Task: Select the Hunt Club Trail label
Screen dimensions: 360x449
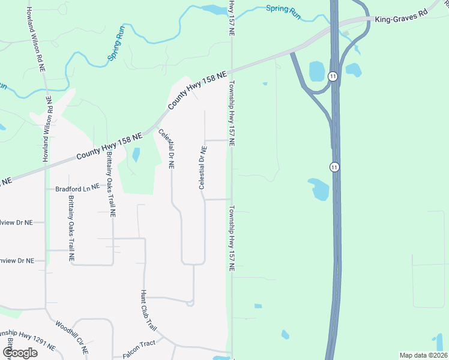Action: coord(148,311)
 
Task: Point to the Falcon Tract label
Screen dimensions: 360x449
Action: coord(139,344)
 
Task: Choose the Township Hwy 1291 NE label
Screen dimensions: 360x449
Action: coord(27,340)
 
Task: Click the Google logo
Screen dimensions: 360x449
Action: coord(19,352)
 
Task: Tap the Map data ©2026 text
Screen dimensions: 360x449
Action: coord(423,355)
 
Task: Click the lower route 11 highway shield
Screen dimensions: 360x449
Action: coord(334,166)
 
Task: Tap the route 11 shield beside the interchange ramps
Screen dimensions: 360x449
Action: coord(333,76)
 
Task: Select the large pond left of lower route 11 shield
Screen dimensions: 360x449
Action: coord(319,190)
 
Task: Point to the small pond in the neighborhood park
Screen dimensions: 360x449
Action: coord(136,155)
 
